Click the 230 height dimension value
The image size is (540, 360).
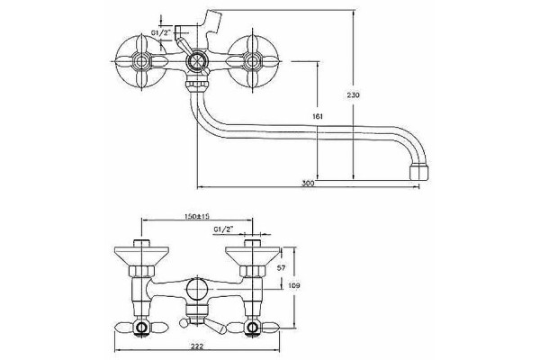coord(353,94)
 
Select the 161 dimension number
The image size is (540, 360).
coord(318,116)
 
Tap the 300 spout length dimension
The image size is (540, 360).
coord(308,184)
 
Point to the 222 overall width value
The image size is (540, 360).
coord(196,346)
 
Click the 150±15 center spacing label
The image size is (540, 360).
coord(197,216)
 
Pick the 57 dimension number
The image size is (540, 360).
coord(281,268)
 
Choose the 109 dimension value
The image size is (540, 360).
coord(293,285)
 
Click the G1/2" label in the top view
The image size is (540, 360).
coord(161,32)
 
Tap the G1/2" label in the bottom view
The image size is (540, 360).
coord(223,229)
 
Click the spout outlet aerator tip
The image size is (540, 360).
coord(418,172)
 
